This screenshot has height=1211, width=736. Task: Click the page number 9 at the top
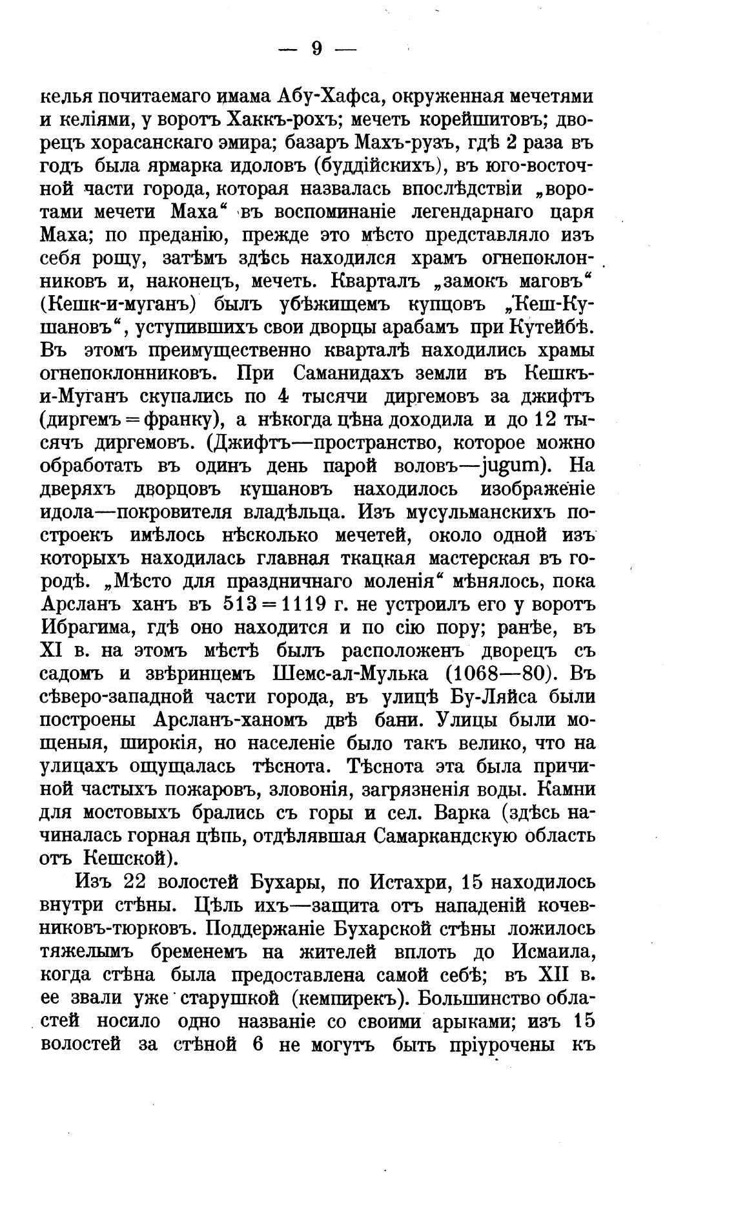(x=316, y=49)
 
